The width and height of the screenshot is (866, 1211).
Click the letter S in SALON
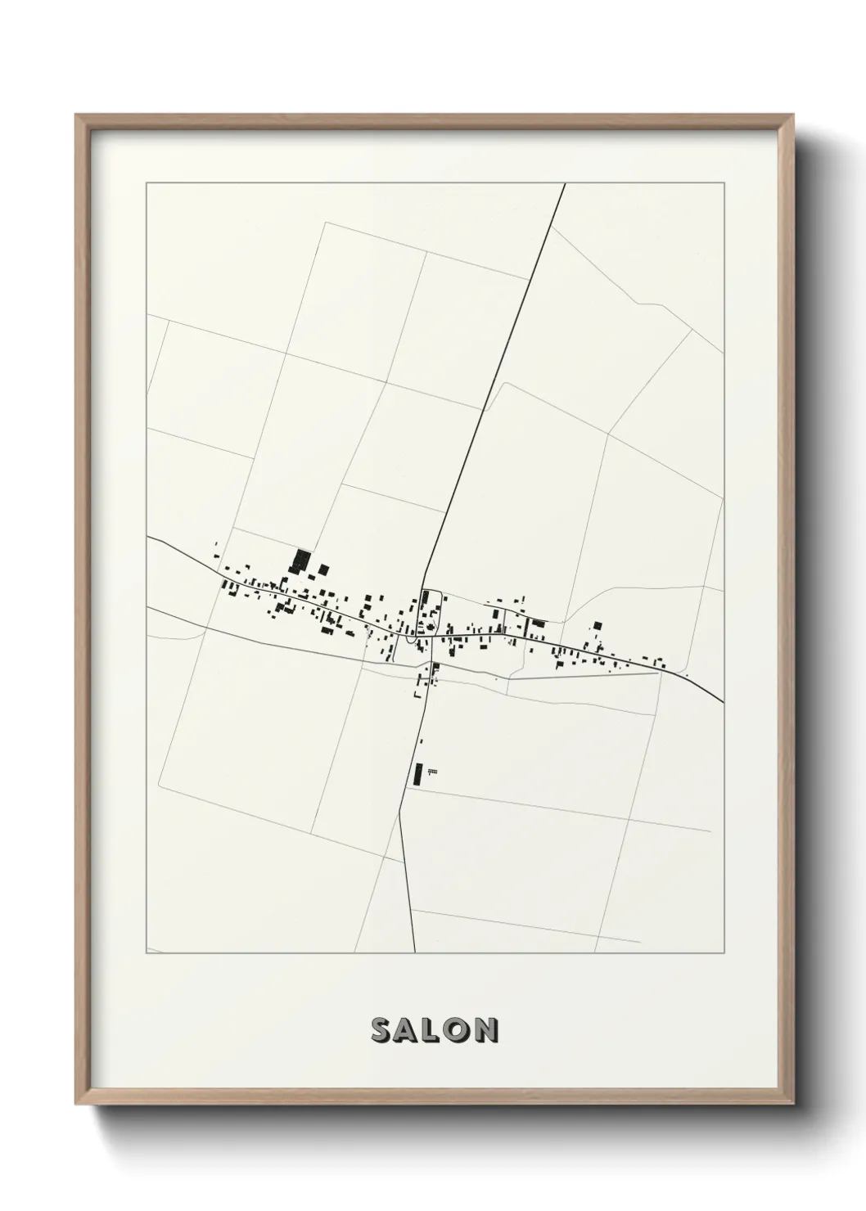(x=381, y=1030)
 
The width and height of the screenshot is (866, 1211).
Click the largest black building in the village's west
(x=300, y=560)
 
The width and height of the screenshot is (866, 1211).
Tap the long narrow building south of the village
(x=418, y=773)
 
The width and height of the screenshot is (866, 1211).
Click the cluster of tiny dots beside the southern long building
(x=432, y=771)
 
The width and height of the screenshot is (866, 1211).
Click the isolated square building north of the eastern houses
(x=598, y=625)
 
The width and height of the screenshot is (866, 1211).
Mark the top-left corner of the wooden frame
(x=77, y=116)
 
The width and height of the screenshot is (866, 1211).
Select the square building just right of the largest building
(x=323, y=569)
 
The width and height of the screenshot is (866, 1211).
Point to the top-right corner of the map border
(x=724, y=183)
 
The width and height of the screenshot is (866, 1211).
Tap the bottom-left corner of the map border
(x=147, y=953)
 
